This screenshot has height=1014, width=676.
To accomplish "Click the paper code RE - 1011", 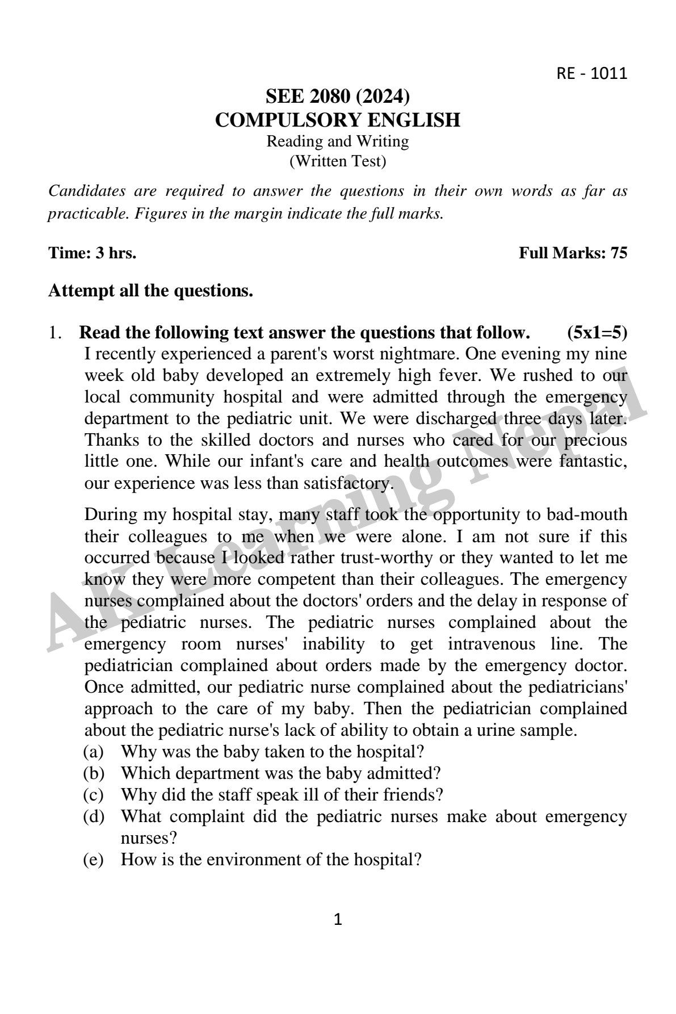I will (591, 74).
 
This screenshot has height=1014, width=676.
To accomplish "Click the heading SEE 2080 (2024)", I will (337, 97).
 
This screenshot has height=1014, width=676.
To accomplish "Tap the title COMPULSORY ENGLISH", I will (337, 120).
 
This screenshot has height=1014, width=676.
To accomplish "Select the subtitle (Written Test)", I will (337, 162).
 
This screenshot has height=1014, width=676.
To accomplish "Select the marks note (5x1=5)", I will (597, 332).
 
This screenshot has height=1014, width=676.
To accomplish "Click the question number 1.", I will (55, 332).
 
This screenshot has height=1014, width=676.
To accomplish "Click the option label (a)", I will (94, 752).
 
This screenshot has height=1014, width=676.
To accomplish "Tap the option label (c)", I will (94, 795).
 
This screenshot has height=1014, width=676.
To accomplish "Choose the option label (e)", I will (94, 860).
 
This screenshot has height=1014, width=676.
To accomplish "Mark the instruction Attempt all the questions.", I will (150, 291).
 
